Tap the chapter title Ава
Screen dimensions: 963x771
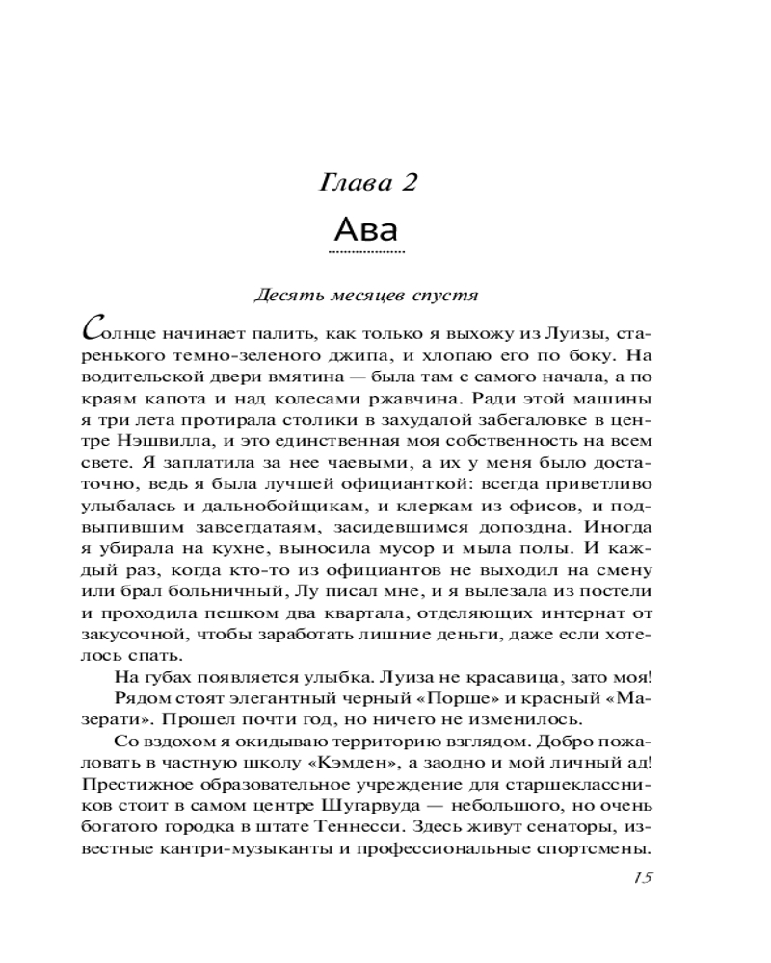click(366, 230)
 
